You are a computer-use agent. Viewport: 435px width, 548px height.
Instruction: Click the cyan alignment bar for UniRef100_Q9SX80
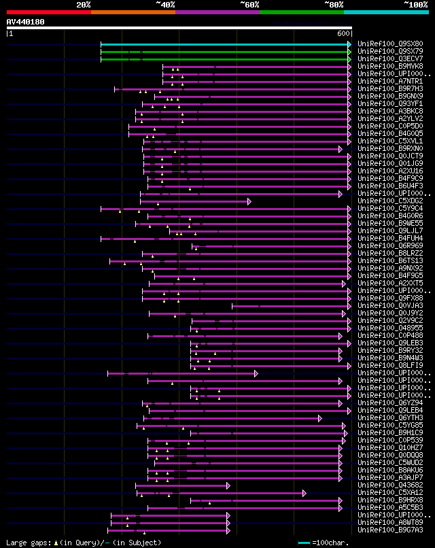pos(224,44)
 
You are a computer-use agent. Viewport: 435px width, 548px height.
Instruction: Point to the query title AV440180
pos(26,22)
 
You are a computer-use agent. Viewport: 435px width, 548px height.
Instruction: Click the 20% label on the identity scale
pos(83,5)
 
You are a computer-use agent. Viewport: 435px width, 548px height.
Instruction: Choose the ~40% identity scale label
pos(165,5)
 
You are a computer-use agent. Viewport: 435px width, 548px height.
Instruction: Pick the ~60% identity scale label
pos(249,5)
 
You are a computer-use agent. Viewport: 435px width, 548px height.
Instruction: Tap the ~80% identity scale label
pos(334,5)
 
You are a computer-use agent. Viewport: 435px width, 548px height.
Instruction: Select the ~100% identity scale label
pos(416,5)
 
